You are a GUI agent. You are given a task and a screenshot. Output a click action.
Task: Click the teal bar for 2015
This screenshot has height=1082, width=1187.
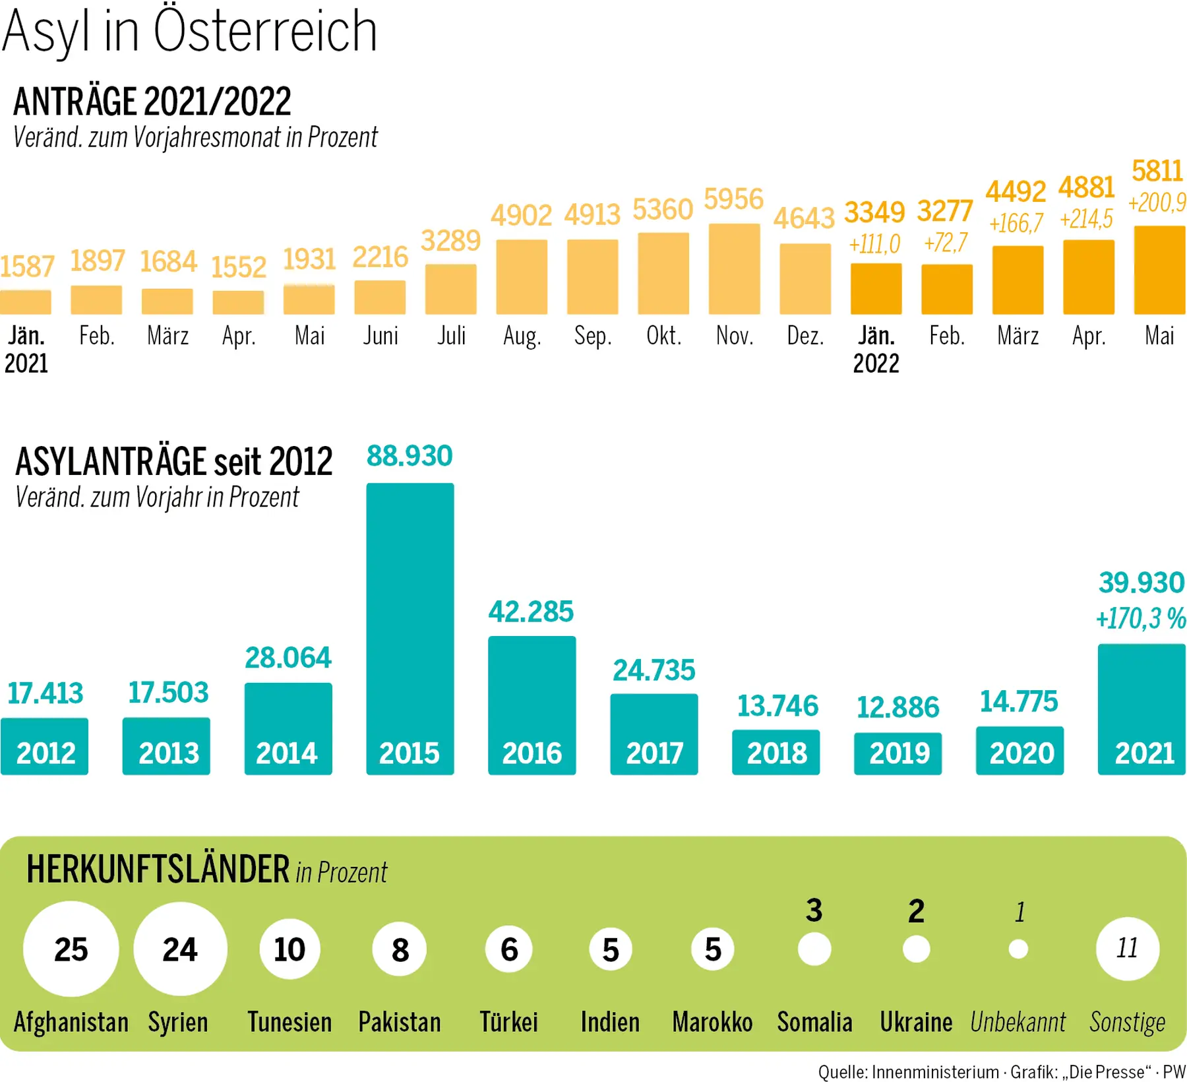point(410,627)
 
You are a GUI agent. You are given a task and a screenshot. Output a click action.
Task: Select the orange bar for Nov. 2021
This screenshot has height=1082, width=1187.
point(734,269)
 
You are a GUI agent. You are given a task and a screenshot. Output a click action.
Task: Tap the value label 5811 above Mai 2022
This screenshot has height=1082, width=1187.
point(1157,172)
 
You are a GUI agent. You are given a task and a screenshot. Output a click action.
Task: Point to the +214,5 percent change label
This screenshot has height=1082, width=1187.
point(1087,219)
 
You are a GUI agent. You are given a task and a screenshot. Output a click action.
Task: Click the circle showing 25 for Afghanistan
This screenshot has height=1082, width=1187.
point(71,949)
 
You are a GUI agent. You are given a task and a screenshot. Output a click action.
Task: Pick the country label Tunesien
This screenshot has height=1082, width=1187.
point(289,1022)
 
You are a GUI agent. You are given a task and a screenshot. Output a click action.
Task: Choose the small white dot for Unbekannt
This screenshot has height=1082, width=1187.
point(1018,949)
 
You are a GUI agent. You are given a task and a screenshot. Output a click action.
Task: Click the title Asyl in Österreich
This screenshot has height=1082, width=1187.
point(190,32)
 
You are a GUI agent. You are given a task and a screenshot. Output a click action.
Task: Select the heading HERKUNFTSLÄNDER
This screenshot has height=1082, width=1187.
point(158,869)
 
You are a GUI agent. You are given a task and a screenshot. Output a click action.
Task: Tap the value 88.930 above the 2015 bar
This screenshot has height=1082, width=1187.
point(410,456)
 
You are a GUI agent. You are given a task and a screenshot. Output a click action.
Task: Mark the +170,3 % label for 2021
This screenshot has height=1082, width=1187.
point(1141,619)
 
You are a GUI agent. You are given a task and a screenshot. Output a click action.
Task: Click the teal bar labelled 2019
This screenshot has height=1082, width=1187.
point(898,753)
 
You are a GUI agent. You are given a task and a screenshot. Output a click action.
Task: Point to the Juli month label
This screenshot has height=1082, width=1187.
point(451,336)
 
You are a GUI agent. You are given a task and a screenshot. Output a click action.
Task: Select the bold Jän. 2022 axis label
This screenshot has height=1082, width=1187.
point(876,350)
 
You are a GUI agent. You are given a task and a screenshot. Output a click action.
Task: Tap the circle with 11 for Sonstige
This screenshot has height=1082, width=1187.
point(1127,949)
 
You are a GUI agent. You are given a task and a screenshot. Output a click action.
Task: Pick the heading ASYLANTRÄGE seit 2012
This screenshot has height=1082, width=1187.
point(174,461)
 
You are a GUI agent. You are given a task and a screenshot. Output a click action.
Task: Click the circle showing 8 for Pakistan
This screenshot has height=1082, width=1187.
point(400,949)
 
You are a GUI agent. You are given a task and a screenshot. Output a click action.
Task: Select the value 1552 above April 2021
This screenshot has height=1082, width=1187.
point(239,267)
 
